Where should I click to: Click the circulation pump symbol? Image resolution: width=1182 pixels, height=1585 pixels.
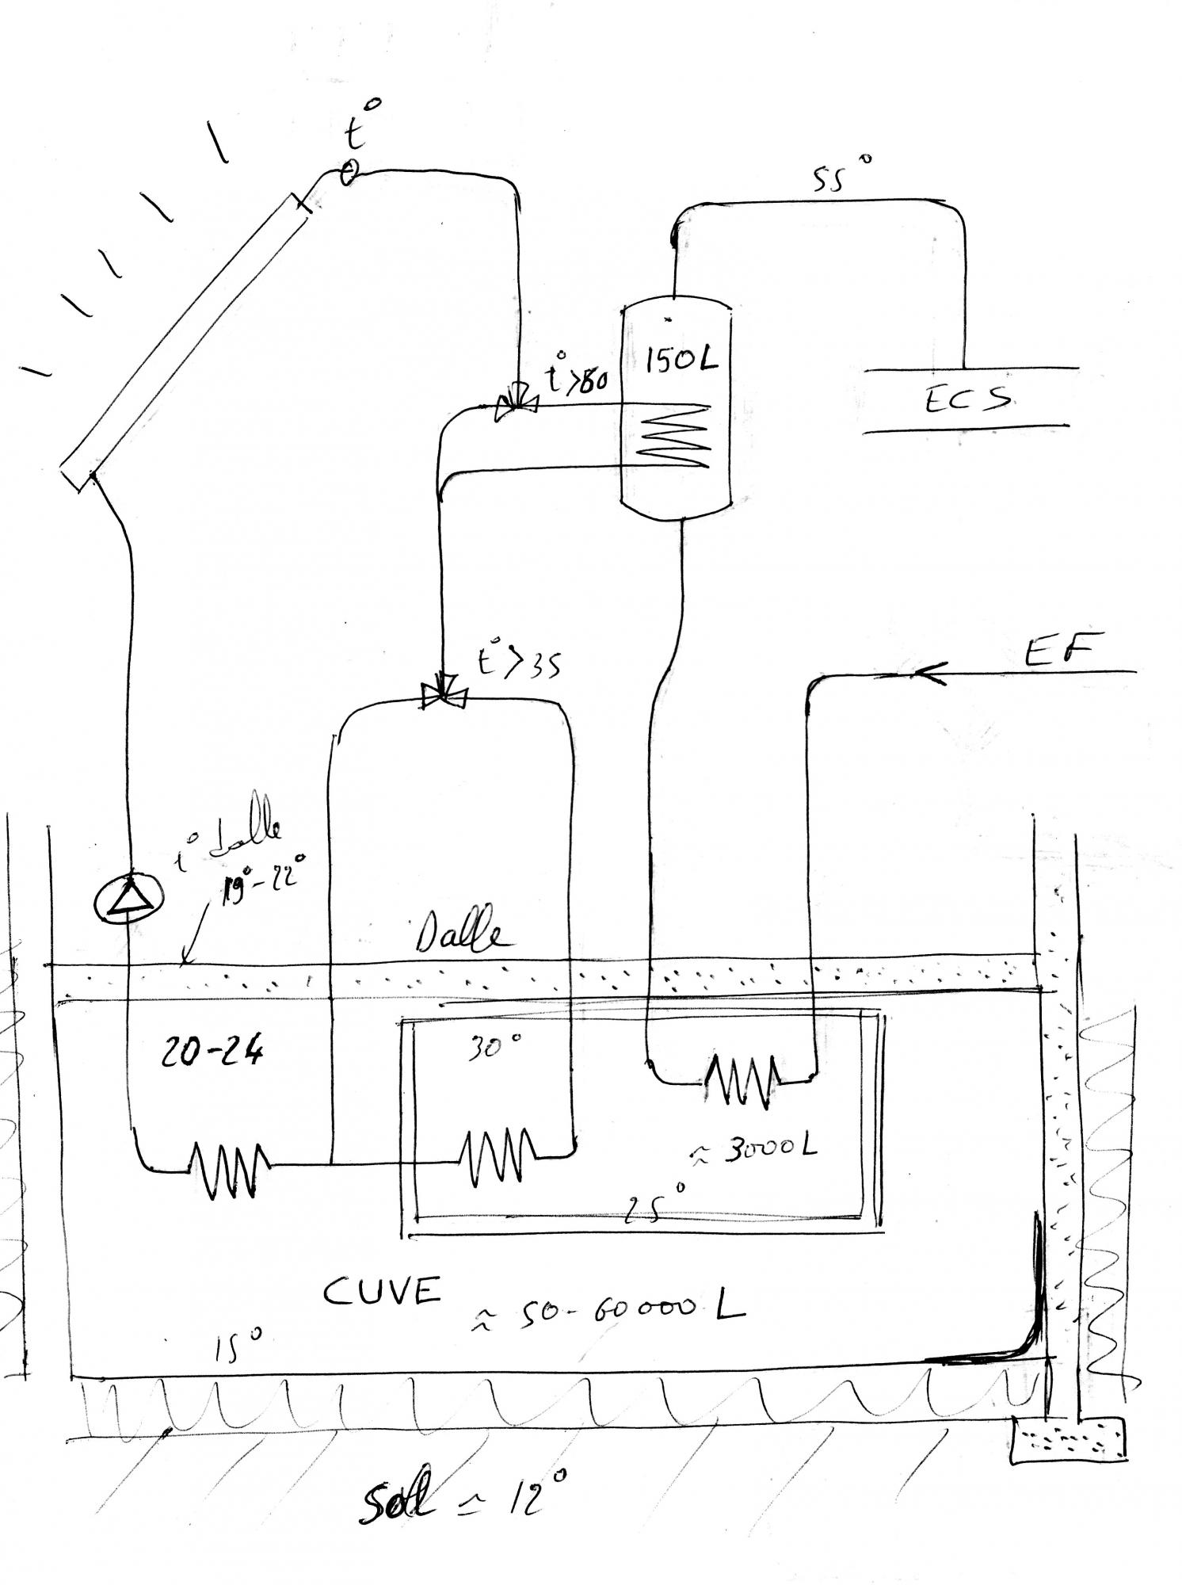[x=128, y=899]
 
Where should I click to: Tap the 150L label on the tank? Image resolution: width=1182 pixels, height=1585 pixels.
[x=681, y=361]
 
